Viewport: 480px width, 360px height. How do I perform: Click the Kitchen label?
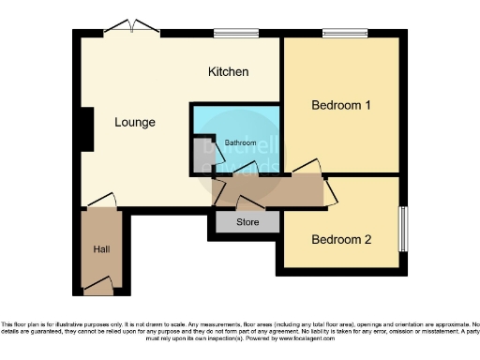(x=228, y=72)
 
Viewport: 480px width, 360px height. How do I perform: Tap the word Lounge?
(x=135, y=123)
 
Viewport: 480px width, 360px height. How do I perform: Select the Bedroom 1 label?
(x=341, y=106)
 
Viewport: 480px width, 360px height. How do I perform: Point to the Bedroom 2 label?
(x=341, y=240)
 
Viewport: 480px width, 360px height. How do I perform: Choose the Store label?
(x=247, y=222)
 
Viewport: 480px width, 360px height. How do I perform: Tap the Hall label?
(x=101, y=250)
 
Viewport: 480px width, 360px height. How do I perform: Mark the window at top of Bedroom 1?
(x=346, y=34)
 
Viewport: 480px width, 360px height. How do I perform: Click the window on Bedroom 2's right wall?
(x=406, y=227)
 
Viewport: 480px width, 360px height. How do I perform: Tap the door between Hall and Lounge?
(x=102, y=202)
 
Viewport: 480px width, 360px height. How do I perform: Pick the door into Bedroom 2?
(x=331, y=191)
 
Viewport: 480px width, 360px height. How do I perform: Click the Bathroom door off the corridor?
(x=246, y=171)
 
